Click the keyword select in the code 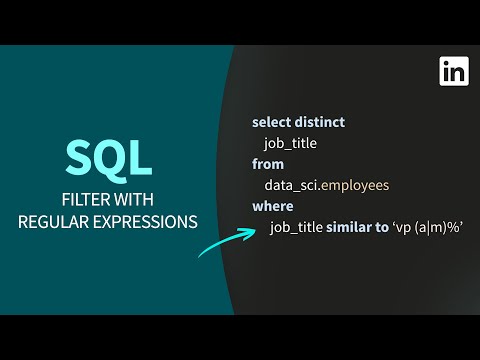pos(272,121)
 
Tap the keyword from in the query pos(268,163)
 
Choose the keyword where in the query pos(272,206)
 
